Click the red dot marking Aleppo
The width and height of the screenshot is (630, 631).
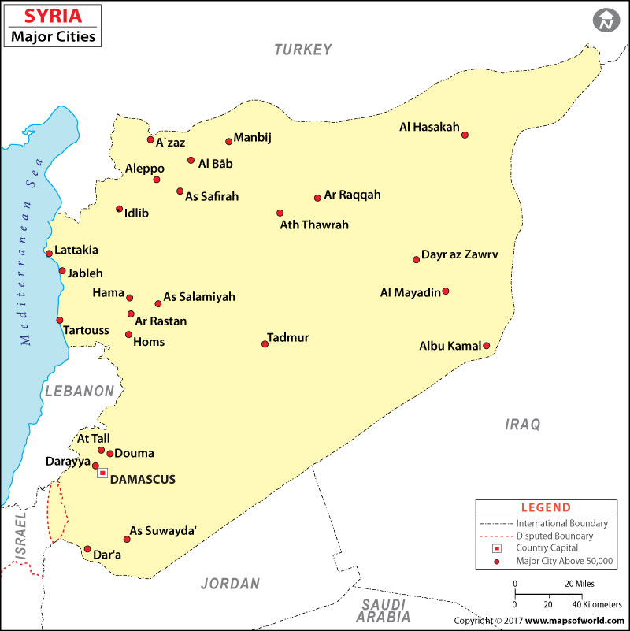(x=157, y=180)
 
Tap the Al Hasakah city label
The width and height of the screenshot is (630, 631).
(x=429, y=127)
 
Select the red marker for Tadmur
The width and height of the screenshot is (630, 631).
(x=265, y=343)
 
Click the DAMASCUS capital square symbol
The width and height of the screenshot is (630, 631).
(x=102, y=473)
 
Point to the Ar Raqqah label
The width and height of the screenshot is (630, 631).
(x=352, y=194)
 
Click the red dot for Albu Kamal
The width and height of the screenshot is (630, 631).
(x=486, y=346)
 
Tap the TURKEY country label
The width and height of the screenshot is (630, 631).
(x=303, y=50)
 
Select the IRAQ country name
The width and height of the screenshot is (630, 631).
(x=523, y=425)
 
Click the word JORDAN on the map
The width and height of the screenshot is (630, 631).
(x=230, y=584)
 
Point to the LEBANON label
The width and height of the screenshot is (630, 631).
(x=80, y=391)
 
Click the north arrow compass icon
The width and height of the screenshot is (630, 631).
(x=605, y=22)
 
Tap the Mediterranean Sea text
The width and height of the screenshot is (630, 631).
(x=31, y=260)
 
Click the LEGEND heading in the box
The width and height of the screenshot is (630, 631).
(x=546, y=507)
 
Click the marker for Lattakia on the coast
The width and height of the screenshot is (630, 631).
(x=49, y=254)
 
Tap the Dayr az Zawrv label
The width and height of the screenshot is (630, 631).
(x=459, y=254)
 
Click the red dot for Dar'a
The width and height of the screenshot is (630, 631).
(x=87, y=549)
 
